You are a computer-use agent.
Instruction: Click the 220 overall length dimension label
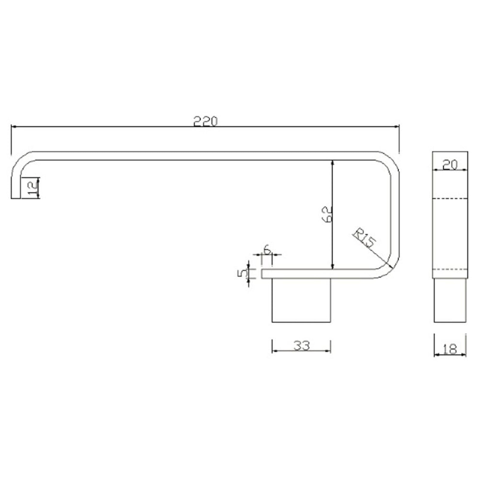point(205,121)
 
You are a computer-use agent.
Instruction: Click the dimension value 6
point(267,249)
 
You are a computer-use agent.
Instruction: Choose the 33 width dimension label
point(302,346)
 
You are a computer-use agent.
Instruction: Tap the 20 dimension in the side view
point(450,165)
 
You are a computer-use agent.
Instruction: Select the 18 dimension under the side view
point(450,349)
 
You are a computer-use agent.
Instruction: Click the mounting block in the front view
point(301,300)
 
